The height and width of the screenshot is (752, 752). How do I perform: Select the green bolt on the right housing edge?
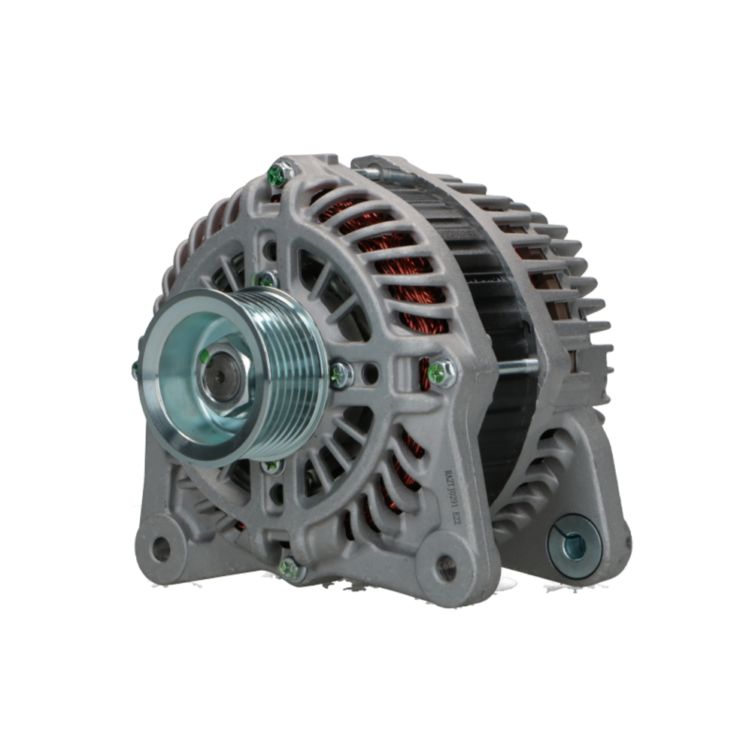click(x=441, y=372)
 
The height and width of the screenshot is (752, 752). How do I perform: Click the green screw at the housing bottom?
click(x=290, y=568)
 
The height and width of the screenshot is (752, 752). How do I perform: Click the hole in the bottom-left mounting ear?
click(x=161, y=550)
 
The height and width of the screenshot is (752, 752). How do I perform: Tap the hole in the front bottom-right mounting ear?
click(x=446, y=568)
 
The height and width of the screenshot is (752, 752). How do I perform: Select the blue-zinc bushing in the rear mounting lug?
click(x=573, y=547)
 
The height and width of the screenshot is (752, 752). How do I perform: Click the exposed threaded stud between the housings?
click(x=517, y=367)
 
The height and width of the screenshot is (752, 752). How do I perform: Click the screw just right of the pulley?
click(x=340, y=374)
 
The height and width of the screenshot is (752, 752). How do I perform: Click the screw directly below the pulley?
click(x=272, y=466)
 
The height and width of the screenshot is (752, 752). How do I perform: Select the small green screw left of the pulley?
click(x=135, y=369)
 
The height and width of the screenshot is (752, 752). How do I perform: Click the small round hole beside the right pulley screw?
click(x=369, y=372)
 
